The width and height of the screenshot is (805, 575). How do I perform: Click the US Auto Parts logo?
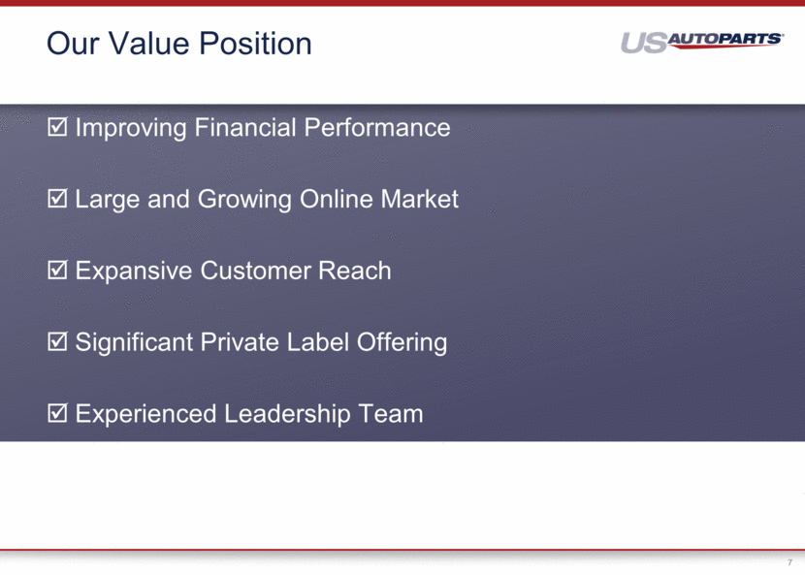tap(701, 42)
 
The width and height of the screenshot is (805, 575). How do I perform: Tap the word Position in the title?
tap(255, 43)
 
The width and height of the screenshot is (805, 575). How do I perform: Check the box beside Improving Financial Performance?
tap(57, 127)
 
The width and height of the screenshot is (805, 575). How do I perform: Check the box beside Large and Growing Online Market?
tap(57, 198)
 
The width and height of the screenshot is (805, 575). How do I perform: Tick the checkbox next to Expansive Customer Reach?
tap(57, 270)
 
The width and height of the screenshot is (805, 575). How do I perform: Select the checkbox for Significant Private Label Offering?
tap(57, 341)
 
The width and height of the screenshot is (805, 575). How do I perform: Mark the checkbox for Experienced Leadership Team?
tap(57, 413)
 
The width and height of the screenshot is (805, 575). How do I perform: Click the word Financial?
tap(245, 127)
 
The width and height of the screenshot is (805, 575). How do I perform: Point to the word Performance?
tap(377, 127)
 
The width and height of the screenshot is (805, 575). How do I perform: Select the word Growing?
tap(244, 200)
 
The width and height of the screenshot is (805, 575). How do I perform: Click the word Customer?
tap(255, 271)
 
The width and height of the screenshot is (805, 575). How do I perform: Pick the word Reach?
tap(355, 271)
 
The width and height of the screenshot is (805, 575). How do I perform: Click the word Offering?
tap(402, 343)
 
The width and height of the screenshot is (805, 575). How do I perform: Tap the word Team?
tap(391, 414)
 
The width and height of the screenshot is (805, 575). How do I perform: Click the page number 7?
tap(789, 562)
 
